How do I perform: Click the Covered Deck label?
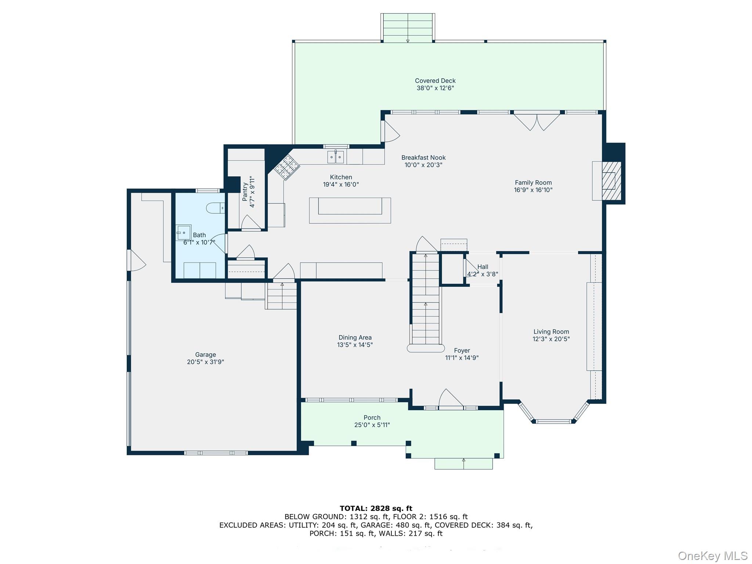pyautogui.click(x=435, y=81)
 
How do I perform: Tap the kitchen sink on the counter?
pyautogui.click(x=336, y=157)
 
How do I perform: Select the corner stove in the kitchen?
pyautogui.click(x=287, y=167)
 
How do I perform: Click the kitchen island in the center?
pyautogui.click(x=350, y=210)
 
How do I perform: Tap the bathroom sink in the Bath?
pyautogui.click(x=184, y=232)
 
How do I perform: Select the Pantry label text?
pyautogui.click(x=245, y=192)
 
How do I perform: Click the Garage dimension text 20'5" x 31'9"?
pyautogui.click(x=205, y=362)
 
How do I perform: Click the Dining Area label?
pyautogui.click(x=355, y=337)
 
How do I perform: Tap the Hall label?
pyautogui.click(x=482, y=267)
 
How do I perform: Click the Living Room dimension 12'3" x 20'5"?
pyautogui.click(x=551, y=339)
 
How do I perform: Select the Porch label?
pyautogui.click(x=372, y=417)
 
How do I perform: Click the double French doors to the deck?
pyautogui.click(x=537, y=121)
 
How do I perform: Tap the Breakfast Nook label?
pyautogui.click(x=423, y=158)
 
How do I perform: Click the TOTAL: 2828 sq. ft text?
pyautogui.click(x=376, y=508)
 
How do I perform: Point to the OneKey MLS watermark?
pyautogui.click(x=712, y=556)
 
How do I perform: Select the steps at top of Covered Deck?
pyautogui.click(x=408, y=28)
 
